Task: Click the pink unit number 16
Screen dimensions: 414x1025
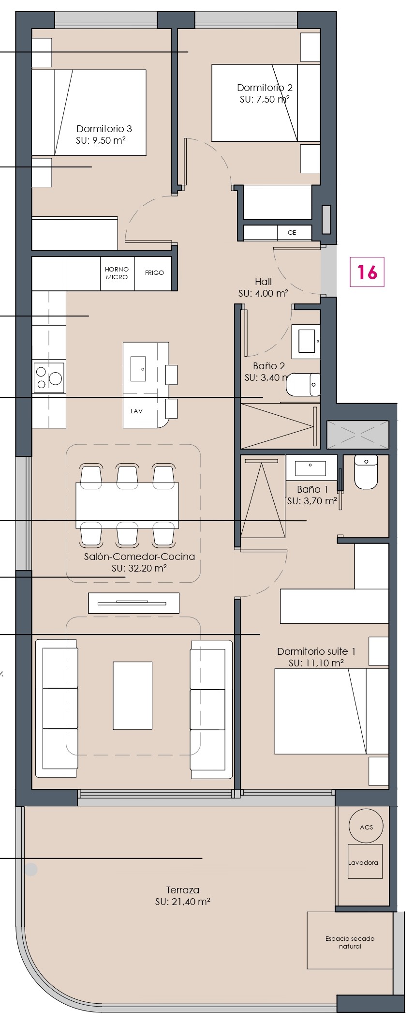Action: (x=367, y=272)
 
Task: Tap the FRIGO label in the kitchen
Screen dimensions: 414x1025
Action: (x=154, y=272)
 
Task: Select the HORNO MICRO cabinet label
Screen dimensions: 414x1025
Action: (x=117, y=273)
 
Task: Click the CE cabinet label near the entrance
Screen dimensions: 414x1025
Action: (x=292, y=232)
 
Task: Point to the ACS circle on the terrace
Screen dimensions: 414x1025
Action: (x=366, y=827)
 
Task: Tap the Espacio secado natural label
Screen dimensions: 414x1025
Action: (x=350, y=942)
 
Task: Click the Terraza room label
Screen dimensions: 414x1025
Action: (x=182, y=889)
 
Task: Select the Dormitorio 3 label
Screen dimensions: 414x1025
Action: (x=104, y=129)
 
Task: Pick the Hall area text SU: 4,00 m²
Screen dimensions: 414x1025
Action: (x=263, y=293)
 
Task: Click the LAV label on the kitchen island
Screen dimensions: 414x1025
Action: (x=137, y=411)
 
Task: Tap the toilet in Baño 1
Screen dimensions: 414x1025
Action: (x=366, y=472)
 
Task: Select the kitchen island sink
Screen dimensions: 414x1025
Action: (x=138, y=369)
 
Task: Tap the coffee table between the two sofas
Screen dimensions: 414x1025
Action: (x=133, y=695)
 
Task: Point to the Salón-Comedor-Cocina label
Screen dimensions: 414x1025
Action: (x=139, y=557)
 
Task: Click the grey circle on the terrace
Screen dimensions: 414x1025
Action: (x=31, y=870)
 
